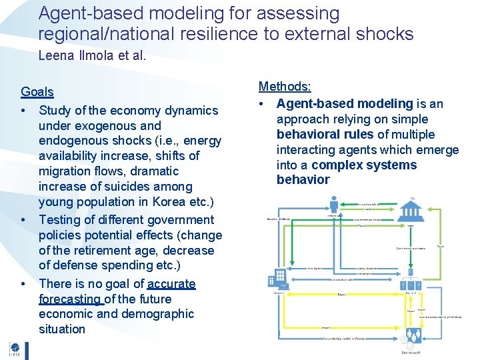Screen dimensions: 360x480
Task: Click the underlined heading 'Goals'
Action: pyautogui.click(x=37, y=92)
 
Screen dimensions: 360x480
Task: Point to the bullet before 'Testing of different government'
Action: pyautogui.click(x=23, y=220)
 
